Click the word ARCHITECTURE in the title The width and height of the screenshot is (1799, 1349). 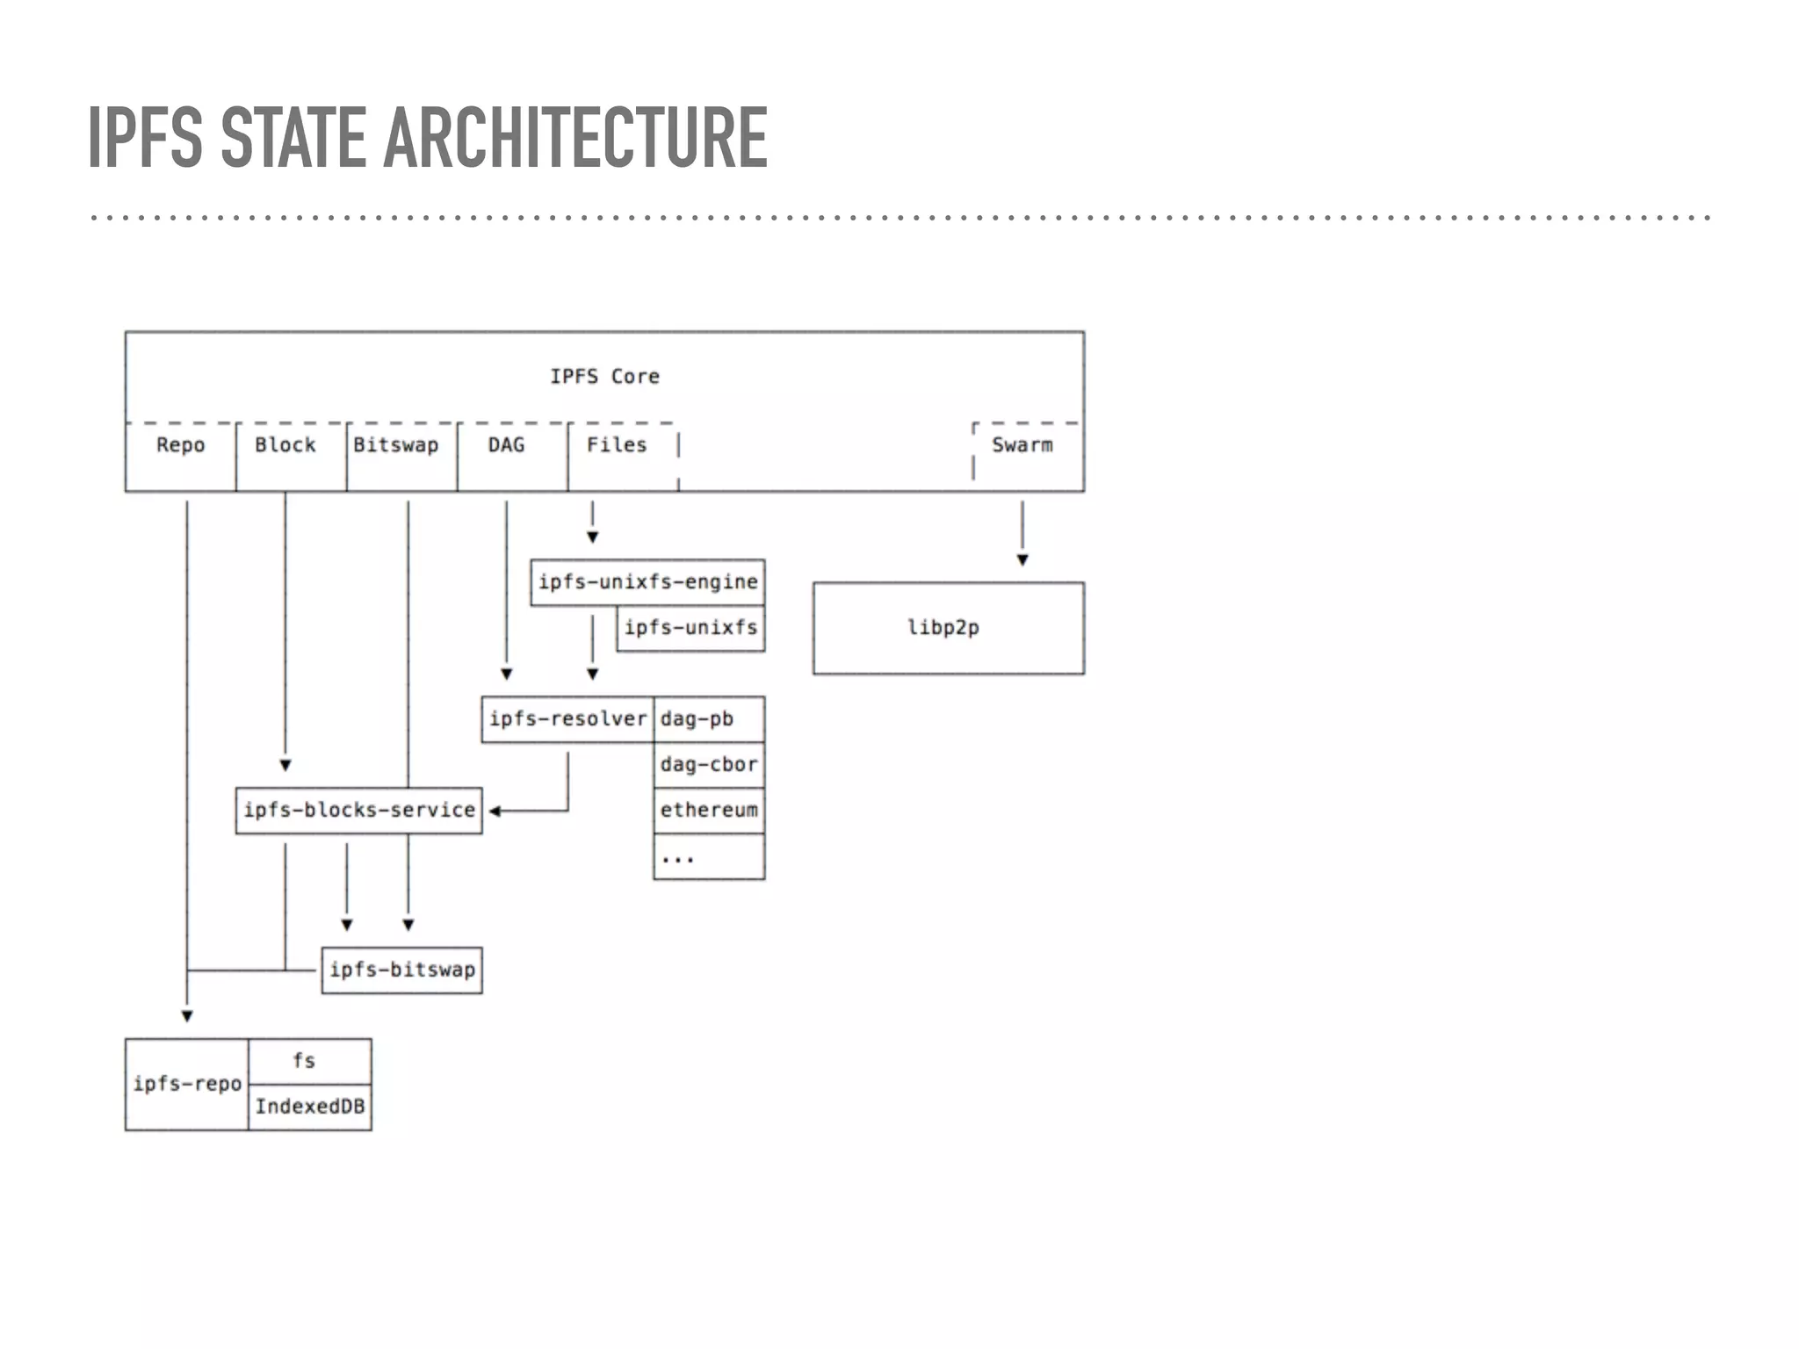[575, 137]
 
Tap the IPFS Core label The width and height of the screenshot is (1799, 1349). [604, 377]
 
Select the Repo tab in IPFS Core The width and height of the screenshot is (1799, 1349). [180, 445]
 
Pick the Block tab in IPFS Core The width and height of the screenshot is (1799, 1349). [285, 445]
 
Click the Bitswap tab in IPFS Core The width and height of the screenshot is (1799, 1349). [396, 445]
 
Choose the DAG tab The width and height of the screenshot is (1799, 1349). [506, 445]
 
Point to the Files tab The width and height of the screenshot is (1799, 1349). [617, 445]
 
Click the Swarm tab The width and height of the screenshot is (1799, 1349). [1022, 445]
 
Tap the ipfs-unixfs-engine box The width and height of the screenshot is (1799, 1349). [647, 582]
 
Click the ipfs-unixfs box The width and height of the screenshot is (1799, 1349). [690, 628]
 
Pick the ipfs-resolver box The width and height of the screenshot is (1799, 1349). [567, 719]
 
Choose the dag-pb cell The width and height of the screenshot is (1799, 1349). [708, 719]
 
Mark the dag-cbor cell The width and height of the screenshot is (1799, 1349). [708, 765]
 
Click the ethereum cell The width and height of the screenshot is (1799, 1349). [708, 811]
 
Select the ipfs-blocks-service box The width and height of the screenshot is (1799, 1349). [358, 811]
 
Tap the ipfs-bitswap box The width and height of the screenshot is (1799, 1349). [401, 970]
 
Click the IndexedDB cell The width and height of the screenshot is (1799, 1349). [309, 1107]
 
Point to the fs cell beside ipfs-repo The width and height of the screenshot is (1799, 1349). [304, 1061]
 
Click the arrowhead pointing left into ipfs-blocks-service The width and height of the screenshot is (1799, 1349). [495, 812]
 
